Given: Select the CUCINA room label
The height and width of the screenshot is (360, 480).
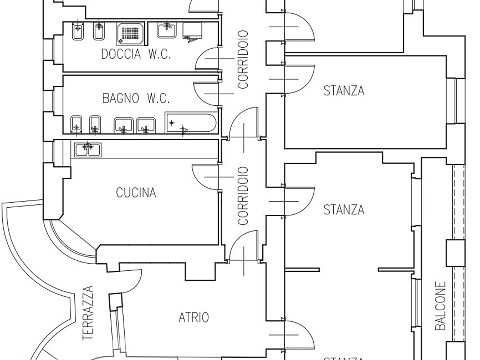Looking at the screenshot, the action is [x=136, y=193].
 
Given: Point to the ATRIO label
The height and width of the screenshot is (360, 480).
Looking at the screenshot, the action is [x=194, y=317].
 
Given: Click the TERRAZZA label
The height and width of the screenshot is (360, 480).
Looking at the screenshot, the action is [x=88, y=313].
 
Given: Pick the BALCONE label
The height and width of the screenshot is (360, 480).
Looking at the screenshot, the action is [x=440, y=306].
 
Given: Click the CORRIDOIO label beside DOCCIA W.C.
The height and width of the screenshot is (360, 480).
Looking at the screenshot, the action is [x=243, y=59].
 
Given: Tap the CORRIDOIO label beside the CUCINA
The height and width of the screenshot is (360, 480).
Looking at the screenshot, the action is [x=243, y=196].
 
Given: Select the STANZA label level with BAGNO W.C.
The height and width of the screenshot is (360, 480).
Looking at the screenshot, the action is [x=344, y=91].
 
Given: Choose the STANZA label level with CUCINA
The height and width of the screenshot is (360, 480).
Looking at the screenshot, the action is [x=344, y=210].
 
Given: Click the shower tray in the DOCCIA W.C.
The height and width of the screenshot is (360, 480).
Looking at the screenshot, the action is [x=131, y=34].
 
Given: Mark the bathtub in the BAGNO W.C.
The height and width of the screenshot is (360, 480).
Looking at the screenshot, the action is [x=191, y=122].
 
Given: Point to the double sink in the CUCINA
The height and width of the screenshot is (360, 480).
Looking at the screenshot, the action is [x=88, y=149].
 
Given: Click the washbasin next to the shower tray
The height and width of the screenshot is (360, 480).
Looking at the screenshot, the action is [x=166, y=30].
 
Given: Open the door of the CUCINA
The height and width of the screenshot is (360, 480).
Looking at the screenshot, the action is [x=206, y=177].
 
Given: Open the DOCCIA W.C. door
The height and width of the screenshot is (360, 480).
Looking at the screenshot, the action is [x=208, y=58].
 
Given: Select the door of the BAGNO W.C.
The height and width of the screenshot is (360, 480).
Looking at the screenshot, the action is [x=207, y=93].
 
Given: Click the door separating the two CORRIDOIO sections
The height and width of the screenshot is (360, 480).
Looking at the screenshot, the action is [x=244, y=123].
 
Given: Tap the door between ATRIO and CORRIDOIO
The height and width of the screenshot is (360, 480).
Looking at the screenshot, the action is [x=244, y=246].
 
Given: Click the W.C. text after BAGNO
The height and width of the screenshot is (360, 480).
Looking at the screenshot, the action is [x=158, y=98].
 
